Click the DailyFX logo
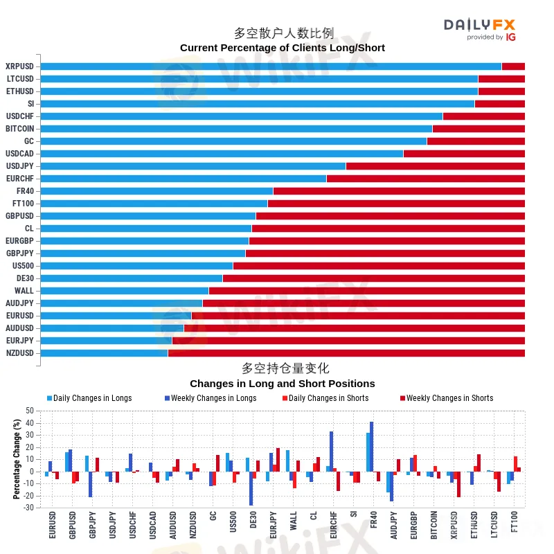tap(480, 28)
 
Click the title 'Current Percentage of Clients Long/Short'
tap(282, 48)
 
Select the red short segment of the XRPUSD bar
tap(512, 66)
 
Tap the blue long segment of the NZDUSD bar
tap(104, 353)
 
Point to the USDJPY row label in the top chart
tap(19, 166)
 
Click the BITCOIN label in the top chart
tap(19, 129)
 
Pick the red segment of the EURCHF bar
tap(425, 179)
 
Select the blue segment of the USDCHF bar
tap(241, 116)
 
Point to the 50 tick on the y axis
tap(29, 411)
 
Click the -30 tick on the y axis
tap(28, 508)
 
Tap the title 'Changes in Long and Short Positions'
tap(282, 384)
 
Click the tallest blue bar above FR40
tap(371, 447)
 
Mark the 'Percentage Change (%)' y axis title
tap(17, 459)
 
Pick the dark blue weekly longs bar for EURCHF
tap(332, 452)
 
